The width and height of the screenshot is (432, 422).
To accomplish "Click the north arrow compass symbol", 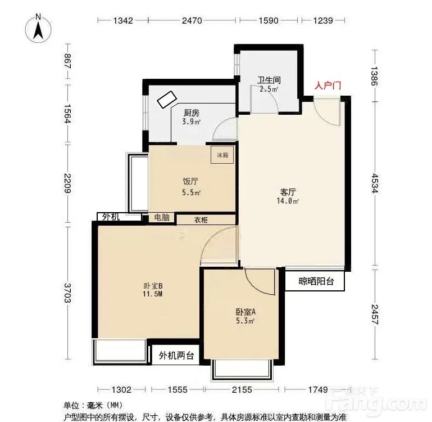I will [x=39, y=28].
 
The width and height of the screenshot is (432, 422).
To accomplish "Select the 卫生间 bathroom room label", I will [x=268, y=80].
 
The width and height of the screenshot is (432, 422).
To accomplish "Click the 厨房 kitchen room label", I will [x=192, y=113].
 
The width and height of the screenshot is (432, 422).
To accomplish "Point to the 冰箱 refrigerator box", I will [x=222, y=155].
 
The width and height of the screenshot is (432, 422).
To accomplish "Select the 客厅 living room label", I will [x=288, y=192].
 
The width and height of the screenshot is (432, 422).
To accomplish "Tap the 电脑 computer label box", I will [x=162, y=218].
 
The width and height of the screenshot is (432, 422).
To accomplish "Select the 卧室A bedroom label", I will [x=245, y=312].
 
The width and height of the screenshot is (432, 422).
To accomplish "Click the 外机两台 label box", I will [x=176, y=356].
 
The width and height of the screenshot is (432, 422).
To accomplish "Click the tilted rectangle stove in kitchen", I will [x=167, y=100].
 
